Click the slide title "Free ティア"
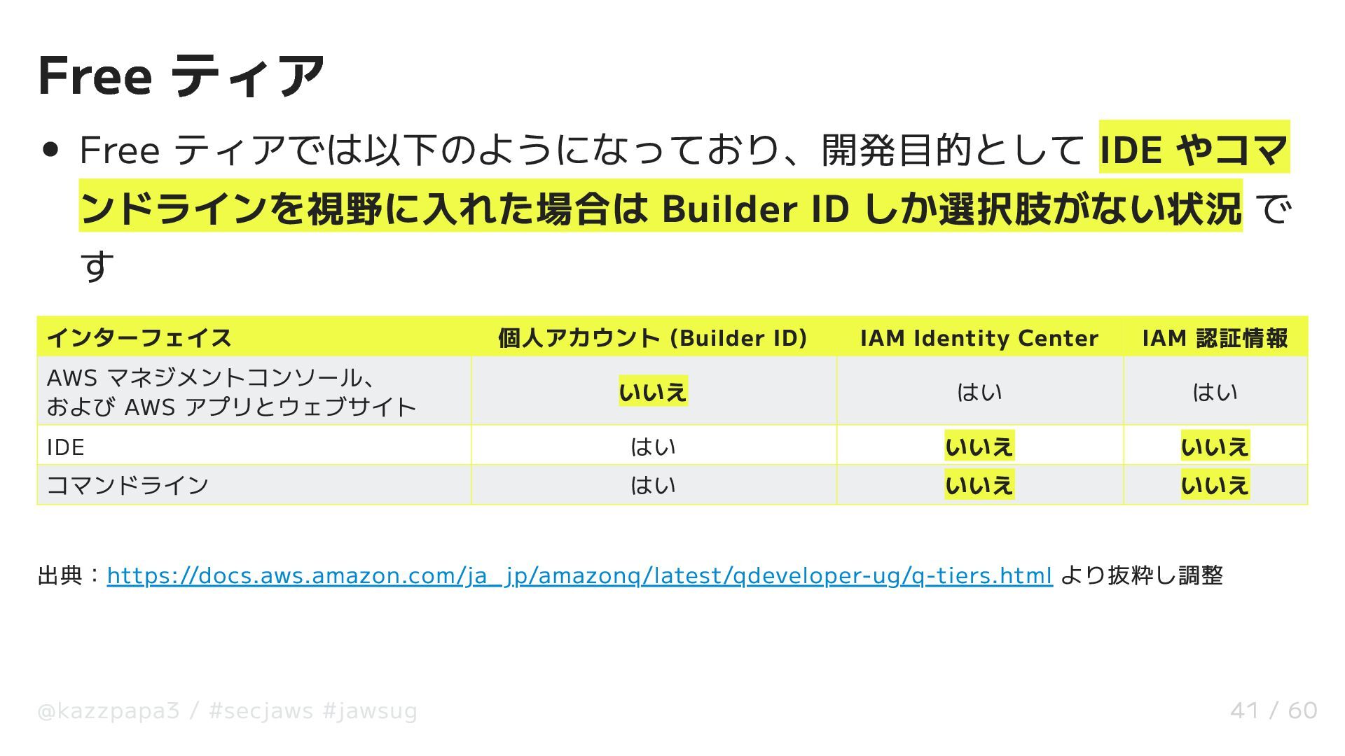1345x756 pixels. click(x=181, y=76)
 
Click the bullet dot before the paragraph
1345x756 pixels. click(x=50, y=150)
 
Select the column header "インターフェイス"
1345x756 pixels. click(x=139, y=338)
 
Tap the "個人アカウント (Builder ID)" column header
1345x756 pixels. click(x=652, y=338)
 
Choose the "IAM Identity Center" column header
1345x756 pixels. click(x=979, y=338)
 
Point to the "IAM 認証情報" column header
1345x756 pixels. click(x=1215, y=338)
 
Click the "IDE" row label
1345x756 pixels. click(x=66, y=447)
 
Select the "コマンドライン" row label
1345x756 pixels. click(x=127, y=485)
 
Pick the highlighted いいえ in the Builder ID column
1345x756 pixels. click(x=653, y=391)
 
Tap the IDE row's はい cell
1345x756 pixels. click(x=653, y=447)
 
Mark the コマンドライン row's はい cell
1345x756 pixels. click(x=653, y=485)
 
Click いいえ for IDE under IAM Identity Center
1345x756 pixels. click(x=979, y=447)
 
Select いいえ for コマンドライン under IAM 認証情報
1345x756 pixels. click(x=1215, y=485)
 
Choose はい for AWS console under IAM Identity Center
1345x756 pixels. click(x=979, y=392)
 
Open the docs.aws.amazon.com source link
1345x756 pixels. click(x=579, y=575)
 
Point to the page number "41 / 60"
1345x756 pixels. click(x=1273, y=710)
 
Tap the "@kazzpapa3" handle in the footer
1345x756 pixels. click(x=109, y=711)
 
